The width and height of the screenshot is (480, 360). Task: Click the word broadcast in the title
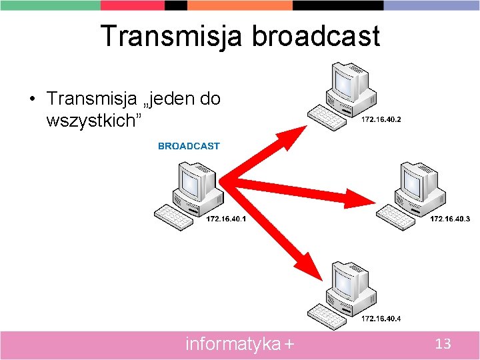tap(315, 36)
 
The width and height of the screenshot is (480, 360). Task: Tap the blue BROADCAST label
tap(189, 146)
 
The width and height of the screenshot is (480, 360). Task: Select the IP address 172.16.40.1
tap(226, 219)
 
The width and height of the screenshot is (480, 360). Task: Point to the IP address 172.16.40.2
tap(381, 120)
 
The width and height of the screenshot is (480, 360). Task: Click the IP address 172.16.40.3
tap(450, 219)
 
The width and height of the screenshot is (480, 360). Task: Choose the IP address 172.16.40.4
tap(381, 319)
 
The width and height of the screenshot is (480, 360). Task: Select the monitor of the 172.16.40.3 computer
tap(417, 181)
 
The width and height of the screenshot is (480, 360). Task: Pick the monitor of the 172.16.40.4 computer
tap(349, 281)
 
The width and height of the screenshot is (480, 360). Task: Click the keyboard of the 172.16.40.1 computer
tap(173, 217)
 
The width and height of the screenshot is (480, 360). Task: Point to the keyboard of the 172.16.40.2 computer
tap(327, 118)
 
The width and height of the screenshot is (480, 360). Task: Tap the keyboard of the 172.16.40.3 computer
tap(396, 217)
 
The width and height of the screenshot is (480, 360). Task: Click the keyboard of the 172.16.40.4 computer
tap(327, 317)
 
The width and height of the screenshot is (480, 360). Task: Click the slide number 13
tap(443, 344)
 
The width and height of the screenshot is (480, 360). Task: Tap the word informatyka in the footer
tap(233, 344)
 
